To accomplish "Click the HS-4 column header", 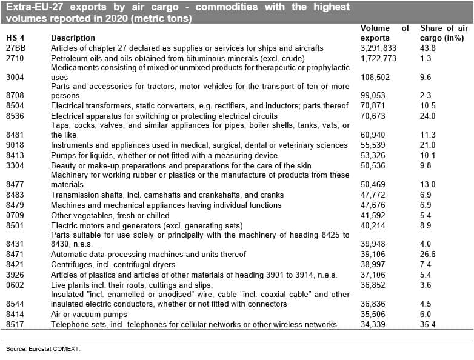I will [x=16, y=38].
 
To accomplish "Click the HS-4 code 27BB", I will [x=16, y=48].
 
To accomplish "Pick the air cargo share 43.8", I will [x=428, y=48].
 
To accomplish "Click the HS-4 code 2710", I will [x=15, y=58].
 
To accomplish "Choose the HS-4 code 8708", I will [x=15, y=96].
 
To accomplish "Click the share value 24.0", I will [x=428, y=116].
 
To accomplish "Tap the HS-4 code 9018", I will [x=15, y=145].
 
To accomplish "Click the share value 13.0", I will [x=428, y=185].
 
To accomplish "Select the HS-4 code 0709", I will [x=15, y=215].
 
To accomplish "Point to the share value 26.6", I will [x=428, y=255].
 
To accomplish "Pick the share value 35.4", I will [x=428, y=324].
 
